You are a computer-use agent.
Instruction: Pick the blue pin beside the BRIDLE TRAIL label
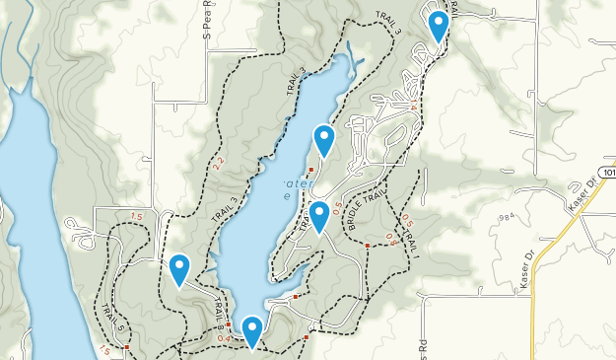[x=319, y=216]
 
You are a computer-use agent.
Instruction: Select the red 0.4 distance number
[x=224, y=338]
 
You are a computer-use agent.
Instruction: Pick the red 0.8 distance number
[x=390, y=238]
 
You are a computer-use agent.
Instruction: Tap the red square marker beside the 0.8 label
[x=367, y=245]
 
